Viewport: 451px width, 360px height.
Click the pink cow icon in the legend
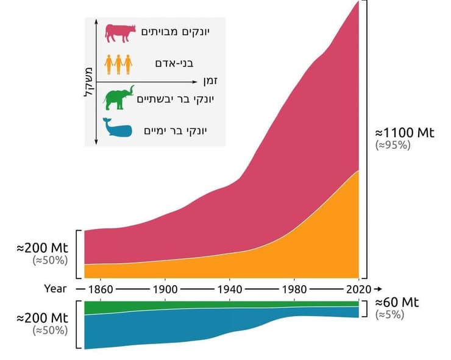coord(118,33)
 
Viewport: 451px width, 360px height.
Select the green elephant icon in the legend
coord(118,99)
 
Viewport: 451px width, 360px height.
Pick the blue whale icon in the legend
coord(118,129)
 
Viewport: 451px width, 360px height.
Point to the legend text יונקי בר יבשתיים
coord(173,99)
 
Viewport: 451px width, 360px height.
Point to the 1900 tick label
coord(165,289)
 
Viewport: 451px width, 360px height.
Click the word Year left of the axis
coord(55,289)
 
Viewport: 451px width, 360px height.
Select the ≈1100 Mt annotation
coord(403,132)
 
